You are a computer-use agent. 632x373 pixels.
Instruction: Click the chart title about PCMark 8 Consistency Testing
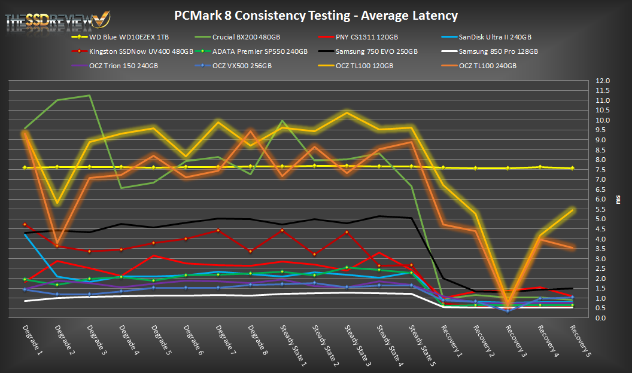315,16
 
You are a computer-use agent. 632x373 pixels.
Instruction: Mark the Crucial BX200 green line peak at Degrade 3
89,96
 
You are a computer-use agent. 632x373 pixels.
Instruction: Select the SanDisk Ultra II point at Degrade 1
25,234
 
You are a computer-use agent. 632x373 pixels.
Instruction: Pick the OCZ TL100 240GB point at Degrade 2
57,243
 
